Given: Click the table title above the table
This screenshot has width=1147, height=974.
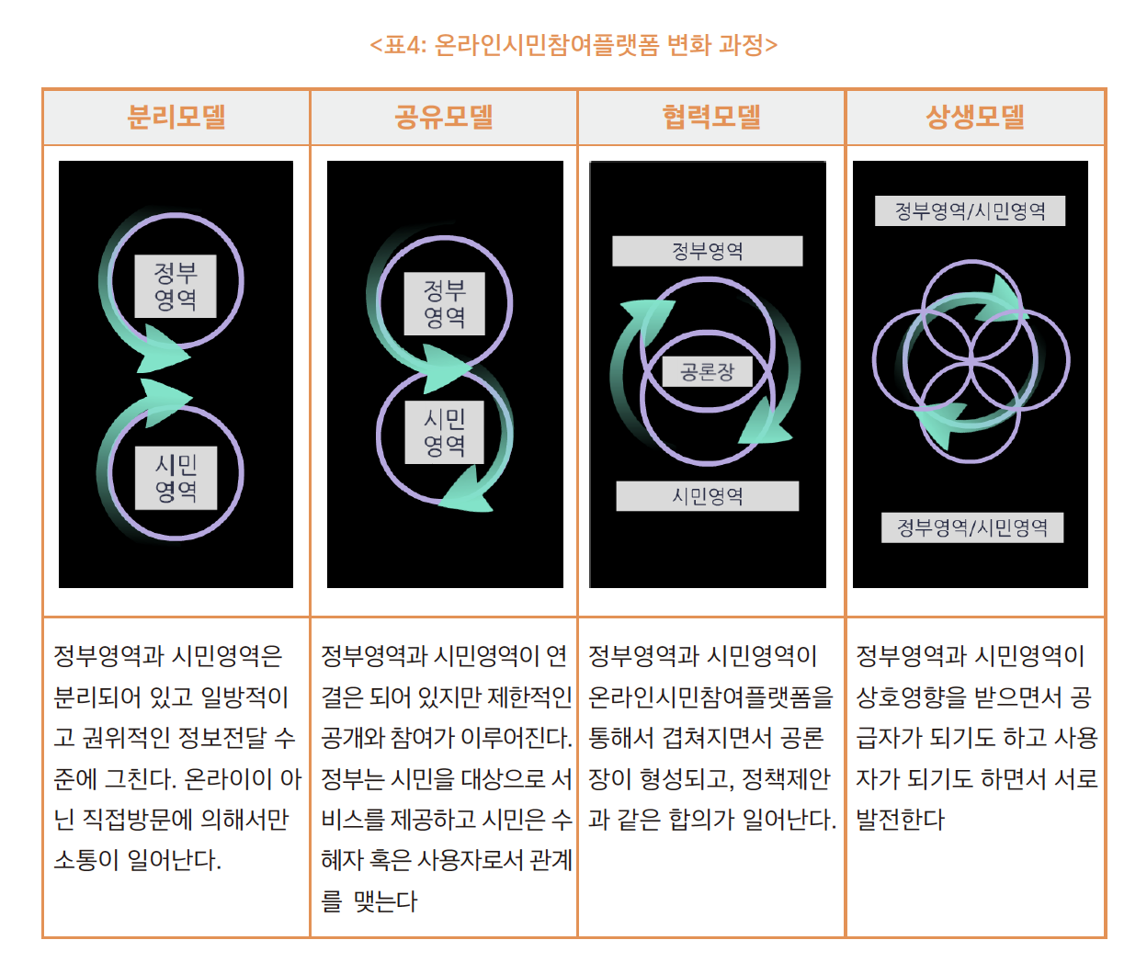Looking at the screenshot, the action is [x=573, y=44].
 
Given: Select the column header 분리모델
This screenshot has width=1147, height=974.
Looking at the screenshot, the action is [x=176, y=117].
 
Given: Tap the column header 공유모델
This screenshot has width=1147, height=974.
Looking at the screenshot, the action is [x=443, y=117].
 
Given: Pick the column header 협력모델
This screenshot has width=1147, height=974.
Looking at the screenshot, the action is [x=710, y=117].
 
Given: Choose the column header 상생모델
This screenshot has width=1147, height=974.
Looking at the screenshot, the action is [x=975, y=117].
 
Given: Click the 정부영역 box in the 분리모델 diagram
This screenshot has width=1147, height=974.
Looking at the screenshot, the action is [x=176, y=286].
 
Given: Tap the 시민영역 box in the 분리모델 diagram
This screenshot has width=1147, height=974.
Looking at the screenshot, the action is [x=176, y=478].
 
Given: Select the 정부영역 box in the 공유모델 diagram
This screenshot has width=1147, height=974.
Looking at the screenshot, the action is [x=445, y=303].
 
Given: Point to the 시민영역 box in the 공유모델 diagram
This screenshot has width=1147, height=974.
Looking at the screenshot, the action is [x=445, y=432].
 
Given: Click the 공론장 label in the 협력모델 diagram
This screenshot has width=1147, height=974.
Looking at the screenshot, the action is [x=708, y=371].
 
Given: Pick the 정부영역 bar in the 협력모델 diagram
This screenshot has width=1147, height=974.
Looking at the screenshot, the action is [x=708, y=251].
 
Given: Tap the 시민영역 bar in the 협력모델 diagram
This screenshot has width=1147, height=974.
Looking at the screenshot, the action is [x=708, y=496].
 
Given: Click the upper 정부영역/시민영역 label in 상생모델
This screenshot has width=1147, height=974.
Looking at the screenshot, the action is [x=970, y=210].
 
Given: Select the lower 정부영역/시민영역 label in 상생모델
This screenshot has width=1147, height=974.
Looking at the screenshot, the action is [x=972, y=527].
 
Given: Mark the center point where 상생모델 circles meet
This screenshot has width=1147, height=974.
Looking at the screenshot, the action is [x=971, y=361].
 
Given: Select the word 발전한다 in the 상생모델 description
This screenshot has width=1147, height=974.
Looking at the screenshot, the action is [x=900, y=820].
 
